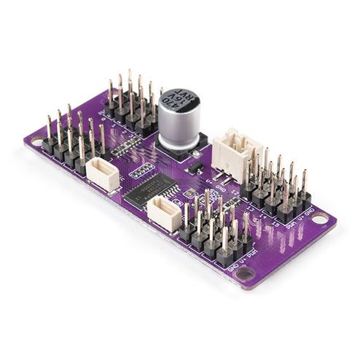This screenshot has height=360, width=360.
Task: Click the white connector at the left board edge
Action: (103, 174)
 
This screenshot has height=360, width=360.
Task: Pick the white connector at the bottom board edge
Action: (164, 214)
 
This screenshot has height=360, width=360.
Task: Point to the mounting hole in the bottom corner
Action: (246, 275)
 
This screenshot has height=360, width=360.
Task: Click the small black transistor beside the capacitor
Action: (196, 166)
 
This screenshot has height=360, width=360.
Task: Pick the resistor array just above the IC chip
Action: (141, 170)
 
